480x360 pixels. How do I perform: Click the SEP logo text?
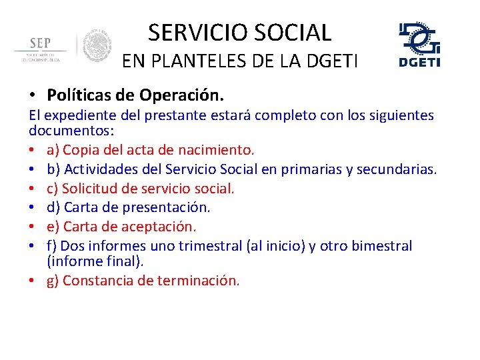[40, 43]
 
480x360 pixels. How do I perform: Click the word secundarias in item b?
[396, 169]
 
